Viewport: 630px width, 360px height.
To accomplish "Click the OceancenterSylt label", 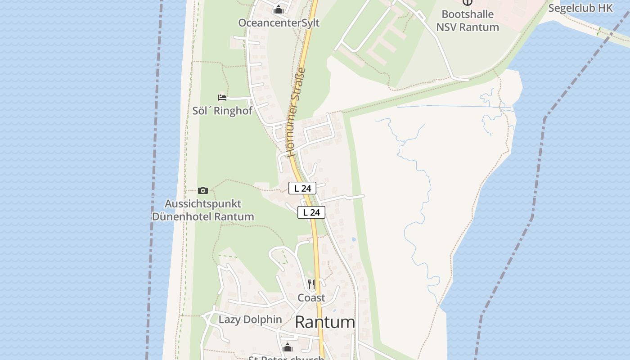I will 279,23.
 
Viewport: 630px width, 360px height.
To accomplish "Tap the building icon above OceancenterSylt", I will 279,9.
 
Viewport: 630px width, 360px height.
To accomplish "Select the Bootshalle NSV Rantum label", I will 468,21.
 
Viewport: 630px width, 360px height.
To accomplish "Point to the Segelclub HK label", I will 580,8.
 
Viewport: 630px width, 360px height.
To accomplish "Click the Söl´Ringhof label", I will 222,111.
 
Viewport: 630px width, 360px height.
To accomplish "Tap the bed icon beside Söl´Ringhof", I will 222,97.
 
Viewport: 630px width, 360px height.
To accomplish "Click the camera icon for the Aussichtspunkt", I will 203,190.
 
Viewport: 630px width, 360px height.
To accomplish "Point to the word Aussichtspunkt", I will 203,204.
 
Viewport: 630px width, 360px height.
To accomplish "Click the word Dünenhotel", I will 181,216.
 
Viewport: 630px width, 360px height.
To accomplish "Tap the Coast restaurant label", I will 311,298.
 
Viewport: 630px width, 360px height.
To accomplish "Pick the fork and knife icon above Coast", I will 311,284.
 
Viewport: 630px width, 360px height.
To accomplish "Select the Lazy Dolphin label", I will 250,319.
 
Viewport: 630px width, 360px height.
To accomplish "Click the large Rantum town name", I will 325,322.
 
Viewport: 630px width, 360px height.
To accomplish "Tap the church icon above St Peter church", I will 287,347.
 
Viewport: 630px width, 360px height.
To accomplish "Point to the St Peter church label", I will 287,358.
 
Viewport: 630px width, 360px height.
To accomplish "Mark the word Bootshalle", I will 468,14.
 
